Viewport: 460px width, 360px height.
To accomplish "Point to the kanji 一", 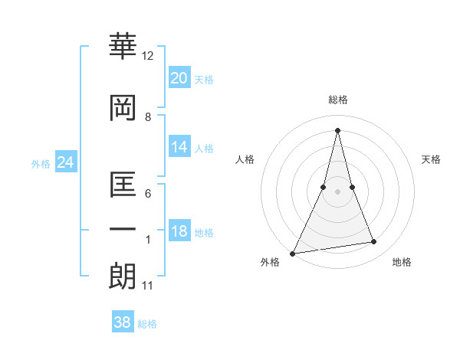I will [x=123, y=229].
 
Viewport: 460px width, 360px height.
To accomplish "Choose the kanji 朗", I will [x=123, y=277].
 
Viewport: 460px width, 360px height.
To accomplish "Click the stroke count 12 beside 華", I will [x=148, y=56].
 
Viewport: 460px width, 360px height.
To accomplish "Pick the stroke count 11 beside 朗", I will [x=148, y=286].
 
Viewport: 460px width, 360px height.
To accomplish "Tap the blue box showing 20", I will [x=179, y=78].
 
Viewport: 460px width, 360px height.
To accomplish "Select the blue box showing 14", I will [x=179, y=147].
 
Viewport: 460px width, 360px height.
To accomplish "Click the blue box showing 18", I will [x=179, y=232].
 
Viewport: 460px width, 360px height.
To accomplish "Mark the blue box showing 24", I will [x=66, y=162].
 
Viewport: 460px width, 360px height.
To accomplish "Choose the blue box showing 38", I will [x=123, y=322].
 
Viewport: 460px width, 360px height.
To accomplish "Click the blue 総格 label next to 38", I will [x=147, y=324].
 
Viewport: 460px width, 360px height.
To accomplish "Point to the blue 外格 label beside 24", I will [x=41, y=164].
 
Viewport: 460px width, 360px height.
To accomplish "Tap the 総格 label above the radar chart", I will [x=338, y=100].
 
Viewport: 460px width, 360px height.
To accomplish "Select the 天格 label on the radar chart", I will [x=432, y=159].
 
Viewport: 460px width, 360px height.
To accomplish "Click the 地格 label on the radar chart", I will [x=402, y=262].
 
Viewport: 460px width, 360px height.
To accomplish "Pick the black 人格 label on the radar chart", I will [x=245, y=159].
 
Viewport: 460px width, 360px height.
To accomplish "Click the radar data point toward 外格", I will [x=293, y=254].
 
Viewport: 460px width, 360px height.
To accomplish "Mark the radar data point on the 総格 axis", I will [x=338, y=129].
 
